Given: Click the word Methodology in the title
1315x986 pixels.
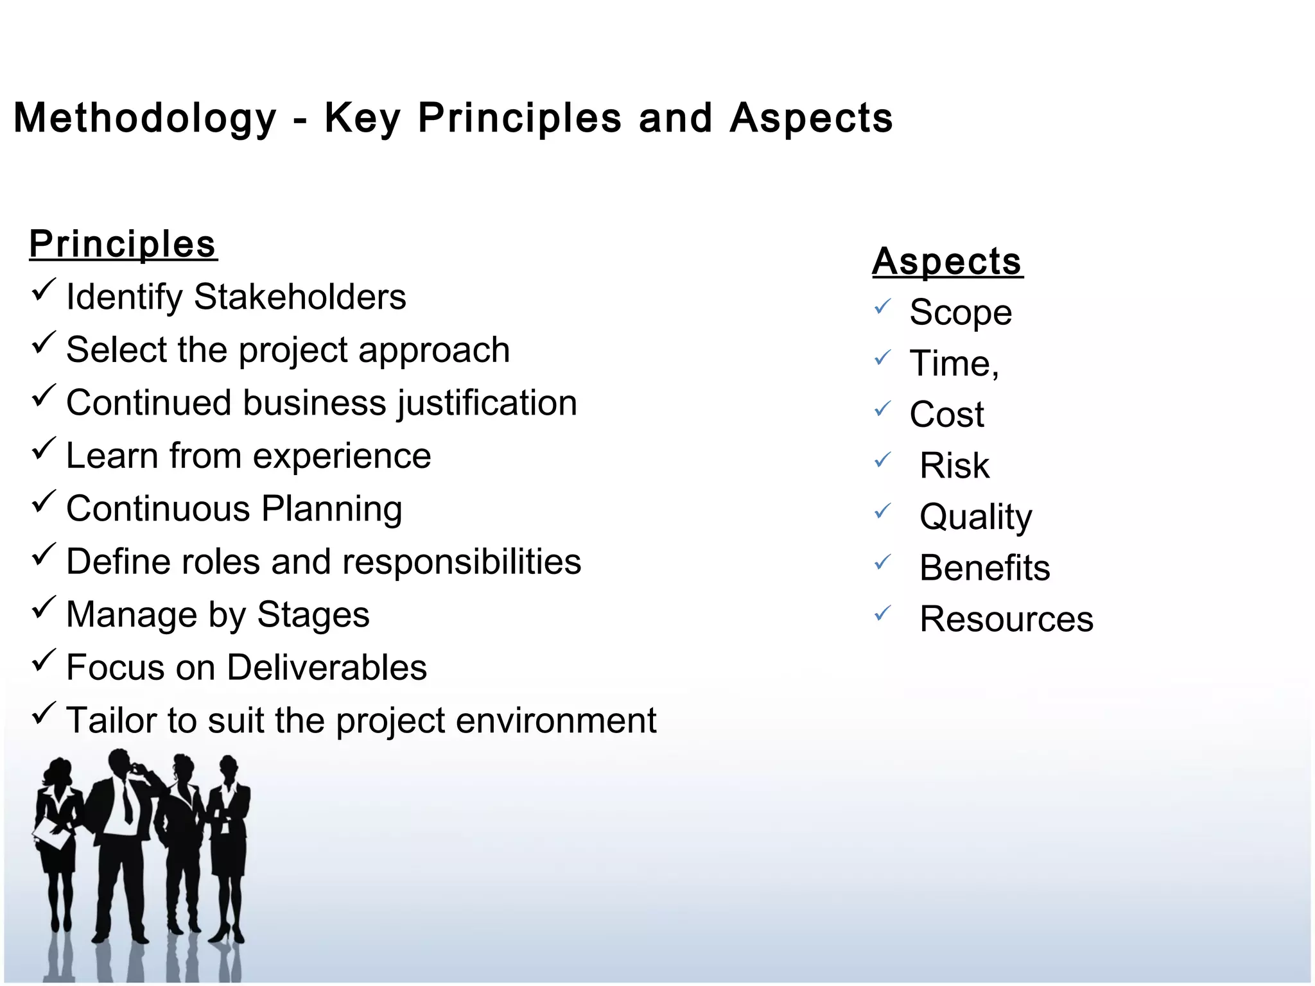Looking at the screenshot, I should pos(145,119).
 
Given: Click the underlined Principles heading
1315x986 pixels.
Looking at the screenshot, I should pos(123,245).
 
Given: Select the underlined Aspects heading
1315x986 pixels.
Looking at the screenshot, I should pos(947,262).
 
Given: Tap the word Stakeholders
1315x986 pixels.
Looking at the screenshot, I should pos(300,297).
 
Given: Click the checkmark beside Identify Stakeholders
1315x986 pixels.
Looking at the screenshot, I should pos(44,290).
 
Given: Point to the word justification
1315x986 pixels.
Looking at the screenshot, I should pos(487,403).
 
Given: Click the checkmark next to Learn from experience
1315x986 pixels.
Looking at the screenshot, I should pos(44,449).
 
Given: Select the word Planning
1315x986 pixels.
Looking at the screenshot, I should pos(332,509).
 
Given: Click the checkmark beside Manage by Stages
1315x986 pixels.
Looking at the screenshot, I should pos(44,607).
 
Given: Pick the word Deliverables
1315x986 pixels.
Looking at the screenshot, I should pos(327,668).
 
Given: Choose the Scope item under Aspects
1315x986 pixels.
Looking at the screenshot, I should pos(961,313).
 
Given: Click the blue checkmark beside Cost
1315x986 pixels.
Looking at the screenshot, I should pos(883,408).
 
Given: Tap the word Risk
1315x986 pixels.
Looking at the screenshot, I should pos(954,465).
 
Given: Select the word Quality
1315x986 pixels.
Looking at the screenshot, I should pos(975,517).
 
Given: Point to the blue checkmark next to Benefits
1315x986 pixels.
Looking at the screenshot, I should pos(883,562).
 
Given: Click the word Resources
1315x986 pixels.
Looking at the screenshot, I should pos(1006,619).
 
